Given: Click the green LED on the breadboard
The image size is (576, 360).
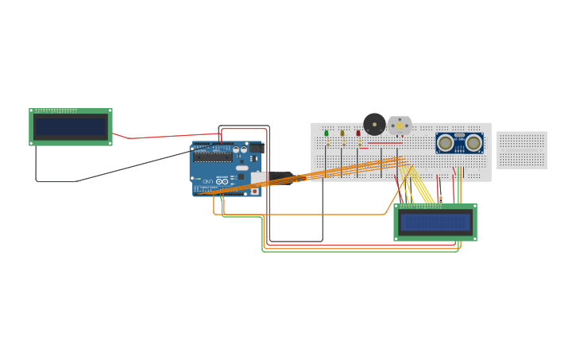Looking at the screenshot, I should point(326,134).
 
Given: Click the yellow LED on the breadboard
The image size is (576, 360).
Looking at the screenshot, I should point(342,134).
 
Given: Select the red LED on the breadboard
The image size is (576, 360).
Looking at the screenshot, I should point(358,134).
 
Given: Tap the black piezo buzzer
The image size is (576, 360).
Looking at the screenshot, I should point(374,124).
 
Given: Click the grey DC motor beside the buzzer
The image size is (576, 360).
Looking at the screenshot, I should point(400,126).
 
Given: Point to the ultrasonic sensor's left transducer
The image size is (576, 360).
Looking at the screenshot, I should point(446,143).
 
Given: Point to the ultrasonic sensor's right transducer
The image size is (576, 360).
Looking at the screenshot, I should point(474,143).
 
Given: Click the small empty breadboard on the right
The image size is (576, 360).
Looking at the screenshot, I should point(522,150).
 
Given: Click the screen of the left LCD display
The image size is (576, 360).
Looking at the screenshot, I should point(71,127).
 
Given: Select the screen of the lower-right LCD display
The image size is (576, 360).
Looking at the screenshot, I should point(435,223).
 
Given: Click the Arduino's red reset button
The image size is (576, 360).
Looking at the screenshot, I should point(254,191).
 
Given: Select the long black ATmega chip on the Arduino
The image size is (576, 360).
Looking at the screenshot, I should point(213,157).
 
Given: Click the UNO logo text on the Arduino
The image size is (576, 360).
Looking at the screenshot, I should point(208,182).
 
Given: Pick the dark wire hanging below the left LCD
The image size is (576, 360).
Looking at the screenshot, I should point(37,167).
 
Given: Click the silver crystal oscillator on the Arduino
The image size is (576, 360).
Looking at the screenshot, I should point(238,168).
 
